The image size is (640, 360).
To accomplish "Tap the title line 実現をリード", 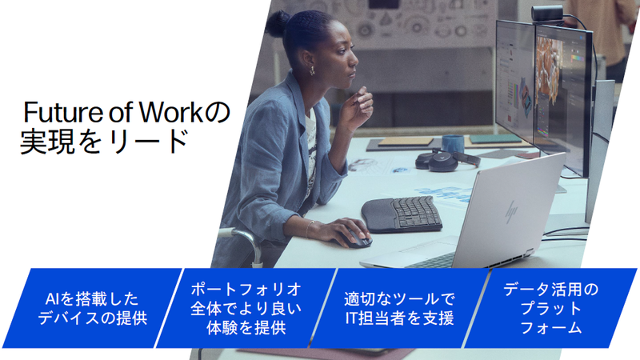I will [x=104, y=142].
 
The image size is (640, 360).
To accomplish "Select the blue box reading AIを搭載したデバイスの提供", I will [x=93, y=308].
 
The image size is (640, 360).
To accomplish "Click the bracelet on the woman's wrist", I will [x=307, y=229].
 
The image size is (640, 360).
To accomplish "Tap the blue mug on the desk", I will [x=453, y=144].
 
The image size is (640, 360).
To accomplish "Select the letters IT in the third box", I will [x=353, y=318].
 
